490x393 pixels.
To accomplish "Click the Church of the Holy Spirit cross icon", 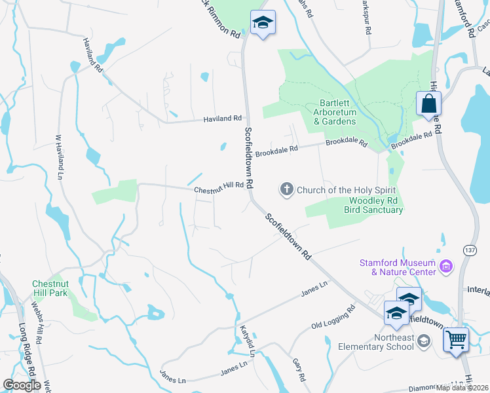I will (286, 190).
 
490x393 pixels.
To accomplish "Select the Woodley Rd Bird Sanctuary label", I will (375, 205).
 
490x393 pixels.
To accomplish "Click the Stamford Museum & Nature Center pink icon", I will (447, 266).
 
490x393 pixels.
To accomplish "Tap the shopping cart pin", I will (456, 340).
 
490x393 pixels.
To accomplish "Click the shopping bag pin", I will (428, 103).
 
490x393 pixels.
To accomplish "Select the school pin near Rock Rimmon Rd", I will (263, 23).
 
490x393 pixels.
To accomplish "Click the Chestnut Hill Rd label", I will (219, 187).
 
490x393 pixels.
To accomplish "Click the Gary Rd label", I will (299, 369).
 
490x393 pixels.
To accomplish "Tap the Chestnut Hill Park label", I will (50, 289).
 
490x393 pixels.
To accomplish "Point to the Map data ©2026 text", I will (462, 388).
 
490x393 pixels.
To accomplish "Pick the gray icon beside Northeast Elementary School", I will (424, 341).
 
